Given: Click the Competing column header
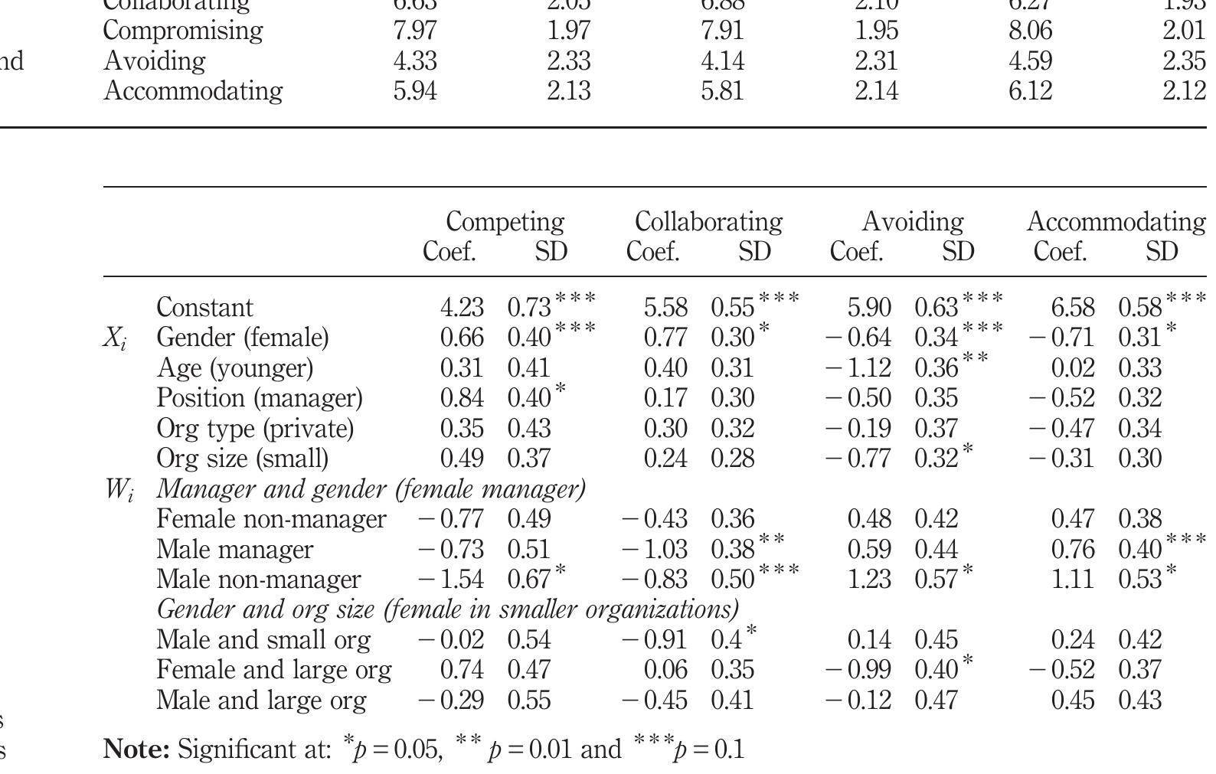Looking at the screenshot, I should pos(505,221).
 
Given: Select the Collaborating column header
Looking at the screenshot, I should pos(708,221).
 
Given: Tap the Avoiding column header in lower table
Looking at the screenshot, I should pos(912,221).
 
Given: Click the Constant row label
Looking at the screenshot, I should pos(204,308).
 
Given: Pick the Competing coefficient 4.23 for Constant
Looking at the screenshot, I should pos(462,308).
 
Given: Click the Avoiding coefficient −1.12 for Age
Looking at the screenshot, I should pos(858,368).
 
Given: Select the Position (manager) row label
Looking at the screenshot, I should pos(259,398).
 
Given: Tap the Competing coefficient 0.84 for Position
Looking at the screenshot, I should pos(462,398).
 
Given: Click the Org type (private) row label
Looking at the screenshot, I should pos(255,429).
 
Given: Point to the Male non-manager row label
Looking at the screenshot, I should pos(258,580).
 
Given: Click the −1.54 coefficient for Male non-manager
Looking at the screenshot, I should pos(451,580).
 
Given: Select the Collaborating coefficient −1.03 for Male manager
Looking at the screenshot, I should pos(655,550).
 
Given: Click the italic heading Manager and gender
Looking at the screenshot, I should pos(371,488).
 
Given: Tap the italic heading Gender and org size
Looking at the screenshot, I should pos(447,609).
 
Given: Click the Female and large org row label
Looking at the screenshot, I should pos(273,670).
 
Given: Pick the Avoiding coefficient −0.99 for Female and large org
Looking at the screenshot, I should pos(858,670).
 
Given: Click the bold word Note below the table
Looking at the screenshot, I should pos(136,749).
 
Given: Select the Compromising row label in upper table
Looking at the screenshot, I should pos(182,31).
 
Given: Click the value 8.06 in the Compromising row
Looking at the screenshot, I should pos(1030,31).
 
